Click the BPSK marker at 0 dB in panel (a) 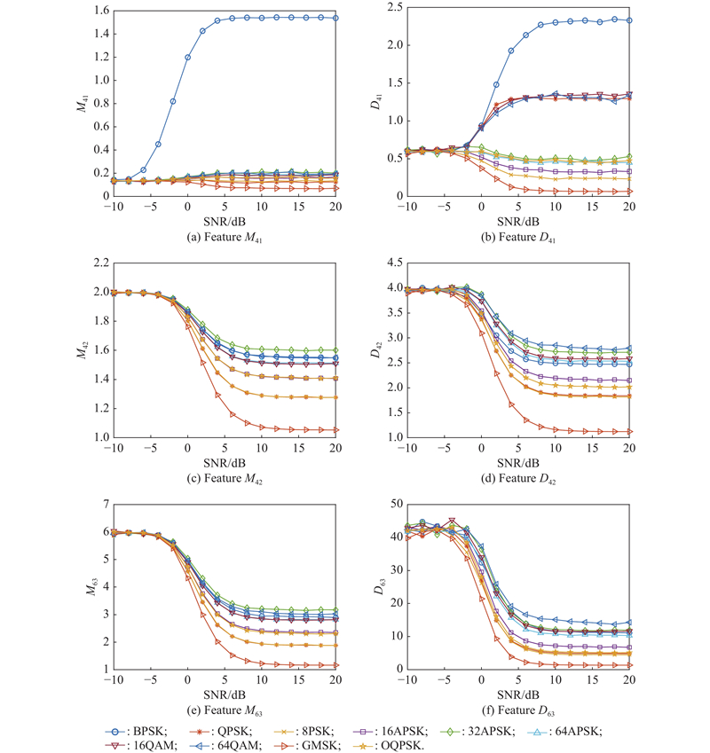click(187, 57)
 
